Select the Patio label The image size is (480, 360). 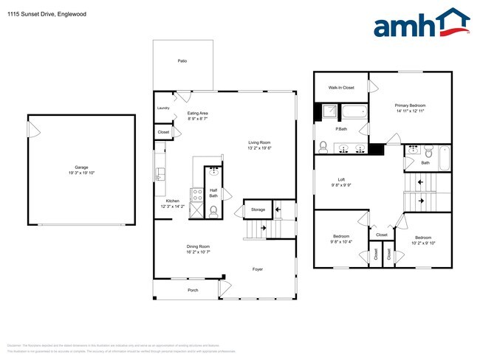point(182,61)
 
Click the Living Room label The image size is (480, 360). point(259,142)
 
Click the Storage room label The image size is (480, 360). point(258,210)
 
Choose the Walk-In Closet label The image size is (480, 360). point(342,88)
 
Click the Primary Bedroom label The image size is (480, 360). point(411,105)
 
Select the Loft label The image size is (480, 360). point(342,179)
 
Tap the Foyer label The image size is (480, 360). point(258,269)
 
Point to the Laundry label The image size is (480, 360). point(164,108)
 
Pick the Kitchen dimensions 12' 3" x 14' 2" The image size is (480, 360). point(172,207)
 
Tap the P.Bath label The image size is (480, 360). point(342,129)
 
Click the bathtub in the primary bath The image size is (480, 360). point(354,113)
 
